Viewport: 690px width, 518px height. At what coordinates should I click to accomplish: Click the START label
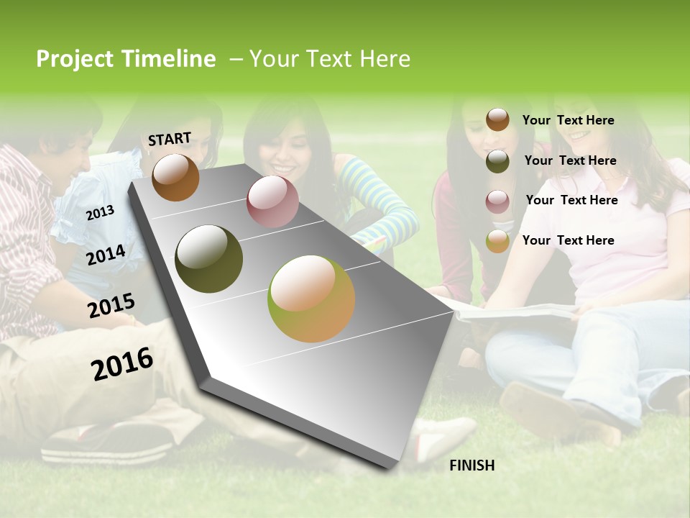[x=170, y=139]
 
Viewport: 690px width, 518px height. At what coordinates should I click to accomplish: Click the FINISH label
[x=471, y=465]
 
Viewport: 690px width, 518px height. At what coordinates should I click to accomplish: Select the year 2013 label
[x=100, y=213]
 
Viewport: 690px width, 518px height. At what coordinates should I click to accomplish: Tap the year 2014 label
[x=106, y=255]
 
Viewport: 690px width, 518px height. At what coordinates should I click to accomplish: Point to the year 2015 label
[x=111, y=305]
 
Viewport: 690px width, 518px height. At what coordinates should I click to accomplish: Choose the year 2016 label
[x=122, y=363]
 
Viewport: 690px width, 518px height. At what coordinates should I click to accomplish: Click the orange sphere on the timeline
[x=175, y=177]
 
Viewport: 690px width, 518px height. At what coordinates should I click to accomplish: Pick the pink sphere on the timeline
[x=272, y=201]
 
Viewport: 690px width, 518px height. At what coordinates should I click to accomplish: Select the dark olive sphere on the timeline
[x=209, y=258]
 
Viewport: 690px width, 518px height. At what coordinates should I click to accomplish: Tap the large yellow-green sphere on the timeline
[x=311, y=299]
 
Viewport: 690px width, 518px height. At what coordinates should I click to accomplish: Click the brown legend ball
[x=497, y=119]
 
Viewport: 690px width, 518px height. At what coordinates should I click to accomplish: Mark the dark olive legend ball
[x=497, y=161]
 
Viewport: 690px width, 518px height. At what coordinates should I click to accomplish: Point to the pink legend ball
[x=497, y=201]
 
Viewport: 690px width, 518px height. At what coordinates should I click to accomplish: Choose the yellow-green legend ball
[x=497, y=241]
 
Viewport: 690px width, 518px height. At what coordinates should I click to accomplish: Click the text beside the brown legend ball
[x=568, y=120]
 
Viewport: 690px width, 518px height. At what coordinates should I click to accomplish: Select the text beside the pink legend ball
[x=571, y=200]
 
